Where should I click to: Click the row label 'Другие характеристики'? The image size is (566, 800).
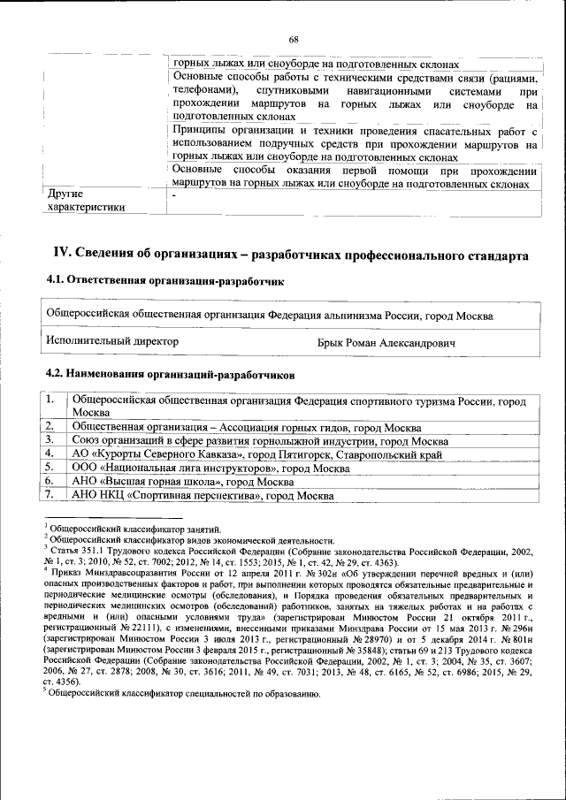[85, 200]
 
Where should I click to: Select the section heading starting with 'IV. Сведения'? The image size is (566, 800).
[293, 255]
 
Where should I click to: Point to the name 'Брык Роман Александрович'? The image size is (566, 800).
[386, 341]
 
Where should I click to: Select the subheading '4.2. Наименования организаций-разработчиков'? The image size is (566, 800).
[164, 374]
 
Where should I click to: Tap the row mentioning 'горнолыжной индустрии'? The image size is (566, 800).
[261, 441]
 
